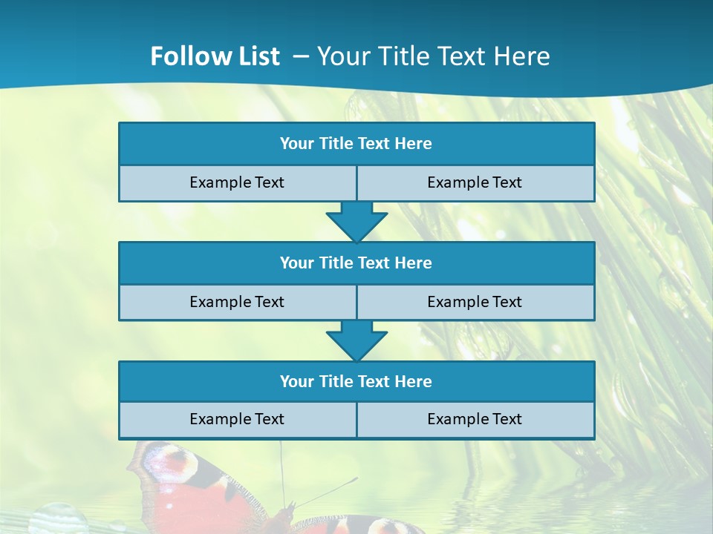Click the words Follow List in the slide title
pos(215,56)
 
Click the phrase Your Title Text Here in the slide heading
pos(434,56)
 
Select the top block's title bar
pos(356,144)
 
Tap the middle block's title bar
pos(356,263)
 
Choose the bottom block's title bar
pos(356,381)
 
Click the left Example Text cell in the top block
pos(237,183)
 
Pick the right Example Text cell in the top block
pos(475,183)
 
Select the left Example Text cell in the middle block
pos(237,302)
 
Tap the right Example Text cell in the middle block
pos(475,302)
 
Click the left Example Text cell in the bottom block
pos(237,420)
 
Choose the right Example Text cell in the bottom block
pos(475,420)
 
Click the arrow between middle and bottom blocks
pos(356,340)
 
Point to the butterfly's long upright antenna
pos(281,471)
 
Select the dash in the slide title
pos(302,56)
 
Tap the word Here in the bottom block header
pos(414,381)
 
